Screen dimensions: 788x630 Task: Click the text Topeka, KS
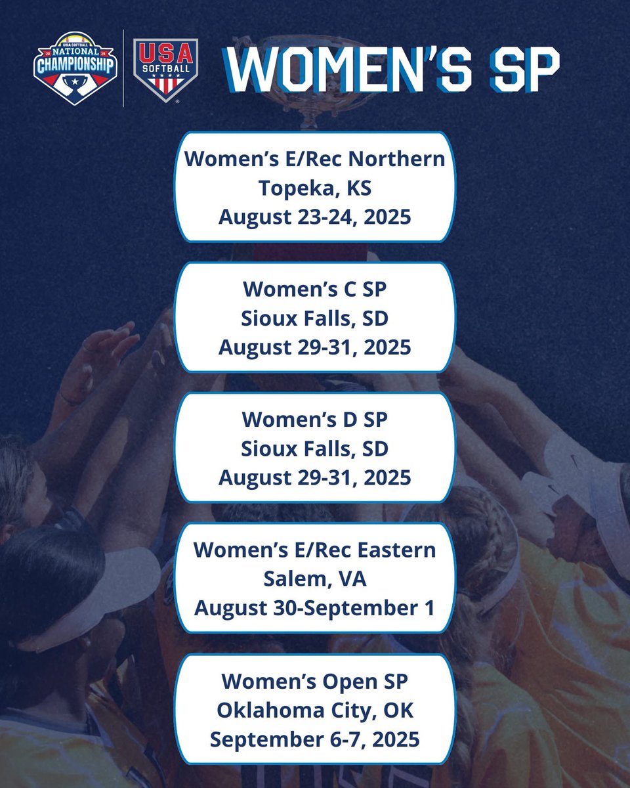315,188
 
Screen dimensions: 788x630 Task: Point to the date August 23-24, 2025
315,216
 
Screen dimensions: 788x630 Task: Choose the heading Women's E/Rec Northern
315,160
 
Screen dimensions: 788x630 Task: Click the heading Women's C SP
315,290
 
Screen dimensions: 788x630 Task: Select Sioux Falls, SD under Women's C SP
315,318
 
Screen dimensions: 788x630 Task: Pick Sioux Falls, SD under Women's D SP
315,449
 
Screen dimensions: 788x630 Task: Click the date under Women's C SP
315,347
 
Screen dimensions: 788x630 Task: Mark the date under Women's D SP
315,477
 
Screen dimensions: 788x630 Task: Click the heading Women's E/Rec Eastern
315,550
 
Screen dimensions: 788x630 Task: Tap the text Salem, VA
315,579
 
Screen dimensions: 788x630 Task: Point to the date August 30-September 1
315,607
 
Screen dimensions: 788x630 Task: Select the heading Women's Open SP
315,681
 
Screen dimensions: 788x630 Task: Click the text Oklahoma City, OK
315,710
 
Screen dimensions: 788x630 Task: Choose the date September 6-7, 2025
315,739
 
